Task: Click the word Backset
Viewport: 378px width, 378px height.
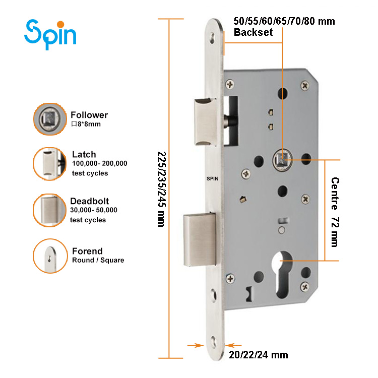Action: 253,33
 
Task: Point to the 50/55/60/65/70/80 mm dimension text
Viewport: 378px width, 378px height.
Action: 284,21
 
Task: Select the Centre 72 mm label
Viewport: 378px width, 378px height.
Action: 334,212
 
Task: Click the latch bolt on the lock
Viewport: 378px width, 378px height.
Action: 205,119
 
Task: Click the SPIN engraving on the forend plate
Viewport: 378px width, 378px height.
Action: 213,178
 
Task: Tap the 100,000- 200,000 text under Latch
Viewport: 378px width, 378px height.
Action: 99,164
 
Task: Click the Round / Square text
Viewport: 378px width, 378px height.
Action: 98,260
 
